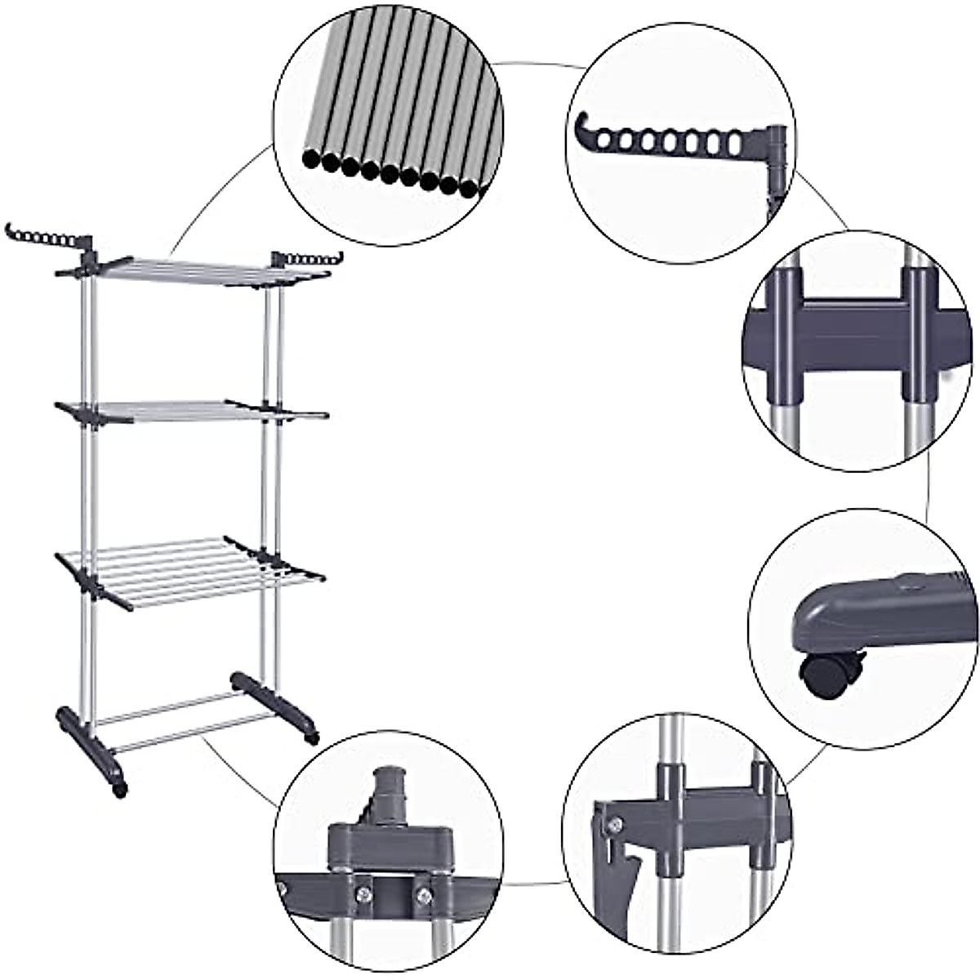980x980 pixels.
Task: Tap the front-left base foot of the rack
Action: [x=91, y=749]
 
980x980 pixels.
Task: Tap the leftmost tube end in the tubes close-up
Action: [x=311, y=158]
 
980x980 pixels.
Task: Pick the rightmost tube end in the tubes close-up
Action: [x=468, y=188]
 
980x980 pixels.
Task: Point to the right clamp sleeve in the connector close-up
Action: [x=916, y=335]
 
